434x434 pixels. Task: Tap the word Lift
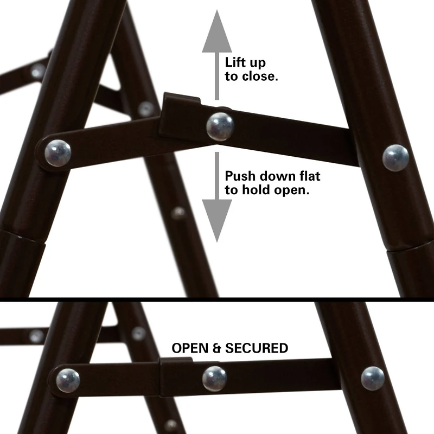pos(237,61)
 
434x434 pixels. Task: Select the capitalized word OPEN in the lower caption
pos(190,348)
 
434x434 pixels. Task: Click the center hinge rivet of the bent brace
pos(220,126)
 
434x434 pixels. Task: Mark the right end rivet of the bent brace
pos(395,157)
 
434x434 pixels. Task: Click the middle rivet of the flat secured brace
pos(215,378)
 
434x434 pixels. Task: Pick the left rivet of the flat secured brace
pos(68,380)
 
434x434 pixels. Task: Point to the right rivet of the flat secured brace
pos(373,378)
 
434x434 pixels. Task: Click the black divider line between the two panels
pos(217,299)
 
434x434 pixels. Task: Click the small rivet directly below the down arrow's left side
pos(178,213)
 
